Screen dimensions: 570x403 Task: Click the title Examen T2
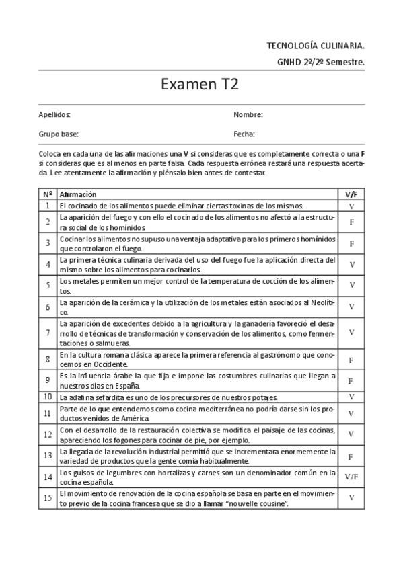coord(200,85)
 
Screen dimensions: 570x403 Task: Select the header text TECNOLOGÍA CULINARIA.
coord(316,46)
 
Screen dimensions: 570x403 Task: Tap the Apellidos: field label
coord(54,115)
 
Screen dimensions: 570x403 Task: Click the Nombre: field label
coord(248,115)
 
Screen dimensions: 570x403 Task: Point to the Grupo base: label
coord(59,134)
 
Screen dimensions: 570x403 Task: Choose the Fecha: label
coord(244,134)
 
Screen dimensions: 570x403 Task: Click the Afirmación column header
coord(78,194)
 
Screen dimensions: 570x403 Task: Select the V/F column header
coord(351,194)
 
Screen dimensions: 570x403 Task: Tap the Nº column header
coord(48,194)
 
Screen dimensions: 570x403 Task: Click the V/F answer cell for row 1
coord(351,206)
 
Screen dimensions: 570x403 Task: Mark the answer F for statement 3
coord(351,243)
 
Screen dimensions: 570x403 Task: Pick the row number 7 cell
coord(48,333)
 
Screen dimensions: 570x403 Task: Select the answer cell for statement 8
coord(351,360)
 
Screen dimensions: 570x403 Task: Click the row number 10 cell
coord(48,397)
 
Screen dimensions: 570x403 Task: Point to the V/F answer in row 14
coord(351,477)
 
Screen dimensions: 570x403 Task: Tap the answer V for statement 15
coord(351,498)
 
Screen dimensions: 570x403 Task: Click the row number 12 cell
coord(48,434)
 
